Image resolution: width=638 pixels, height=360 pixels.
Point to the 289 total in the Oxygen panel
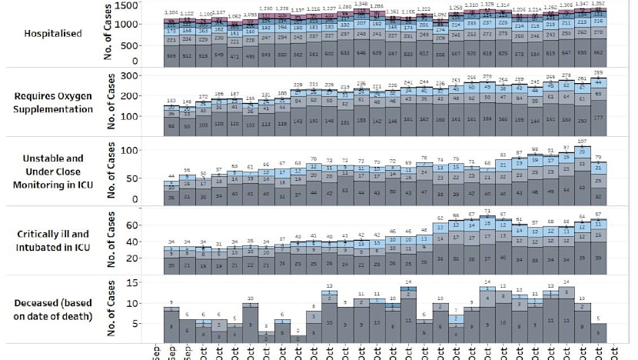click(599, 70)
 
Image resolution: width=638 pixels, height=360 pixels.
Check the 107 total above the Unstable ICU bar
click(583, 142)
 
